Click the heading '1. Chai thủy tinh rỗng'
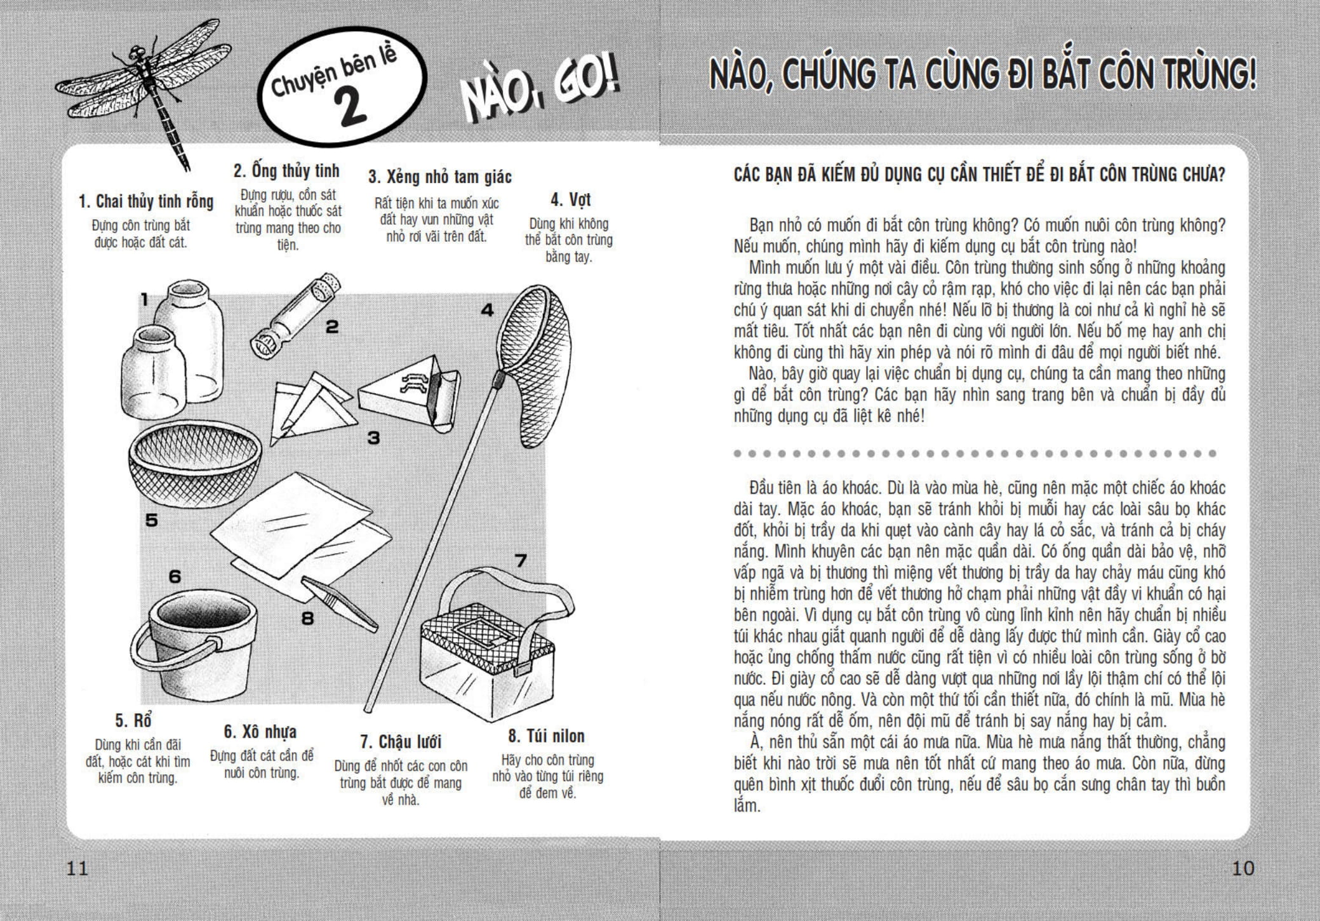(146, 202)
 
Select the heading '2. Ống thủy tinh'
(286, 171)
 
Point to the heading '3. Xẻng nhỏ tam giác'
(440, 177)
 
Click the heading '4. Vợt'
(570, 200)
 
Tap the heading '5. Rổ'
(133, 721)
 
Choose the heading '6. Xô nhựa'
(260, 732)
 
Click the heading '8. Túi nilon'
(546, 736)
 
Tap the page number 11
(77, 868)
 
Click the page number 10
(1243, 868)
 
